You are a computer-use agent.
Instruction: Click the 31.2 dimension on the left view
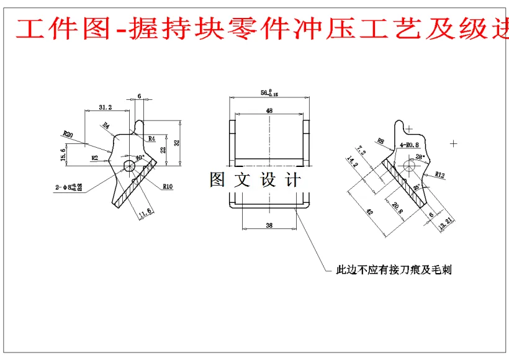(106, 107)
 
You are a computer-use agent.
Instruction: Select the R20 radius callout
(68, 133)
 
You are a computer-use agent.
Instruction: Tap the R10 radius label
(168, 186)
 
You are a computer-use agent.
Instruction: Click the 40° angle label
(140, 158)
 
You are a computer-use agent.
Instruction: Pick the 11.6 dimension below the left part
(145, 213)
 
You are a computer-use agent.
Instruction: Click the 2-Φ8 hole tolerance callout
(68, 186)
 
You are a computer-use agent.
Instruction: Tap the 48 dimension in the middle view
(269, 110)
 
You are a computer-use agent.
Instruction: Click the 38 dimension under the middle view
(269, 226)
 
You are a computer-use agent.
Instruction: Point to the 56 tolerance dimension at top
(269, 93)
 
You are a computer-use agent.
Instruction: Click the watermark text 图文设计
(255, 180)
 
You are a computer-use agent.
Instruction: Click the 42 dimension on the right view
(370, 212)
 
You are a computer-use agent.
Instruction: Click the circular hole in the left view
(129, 166)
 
